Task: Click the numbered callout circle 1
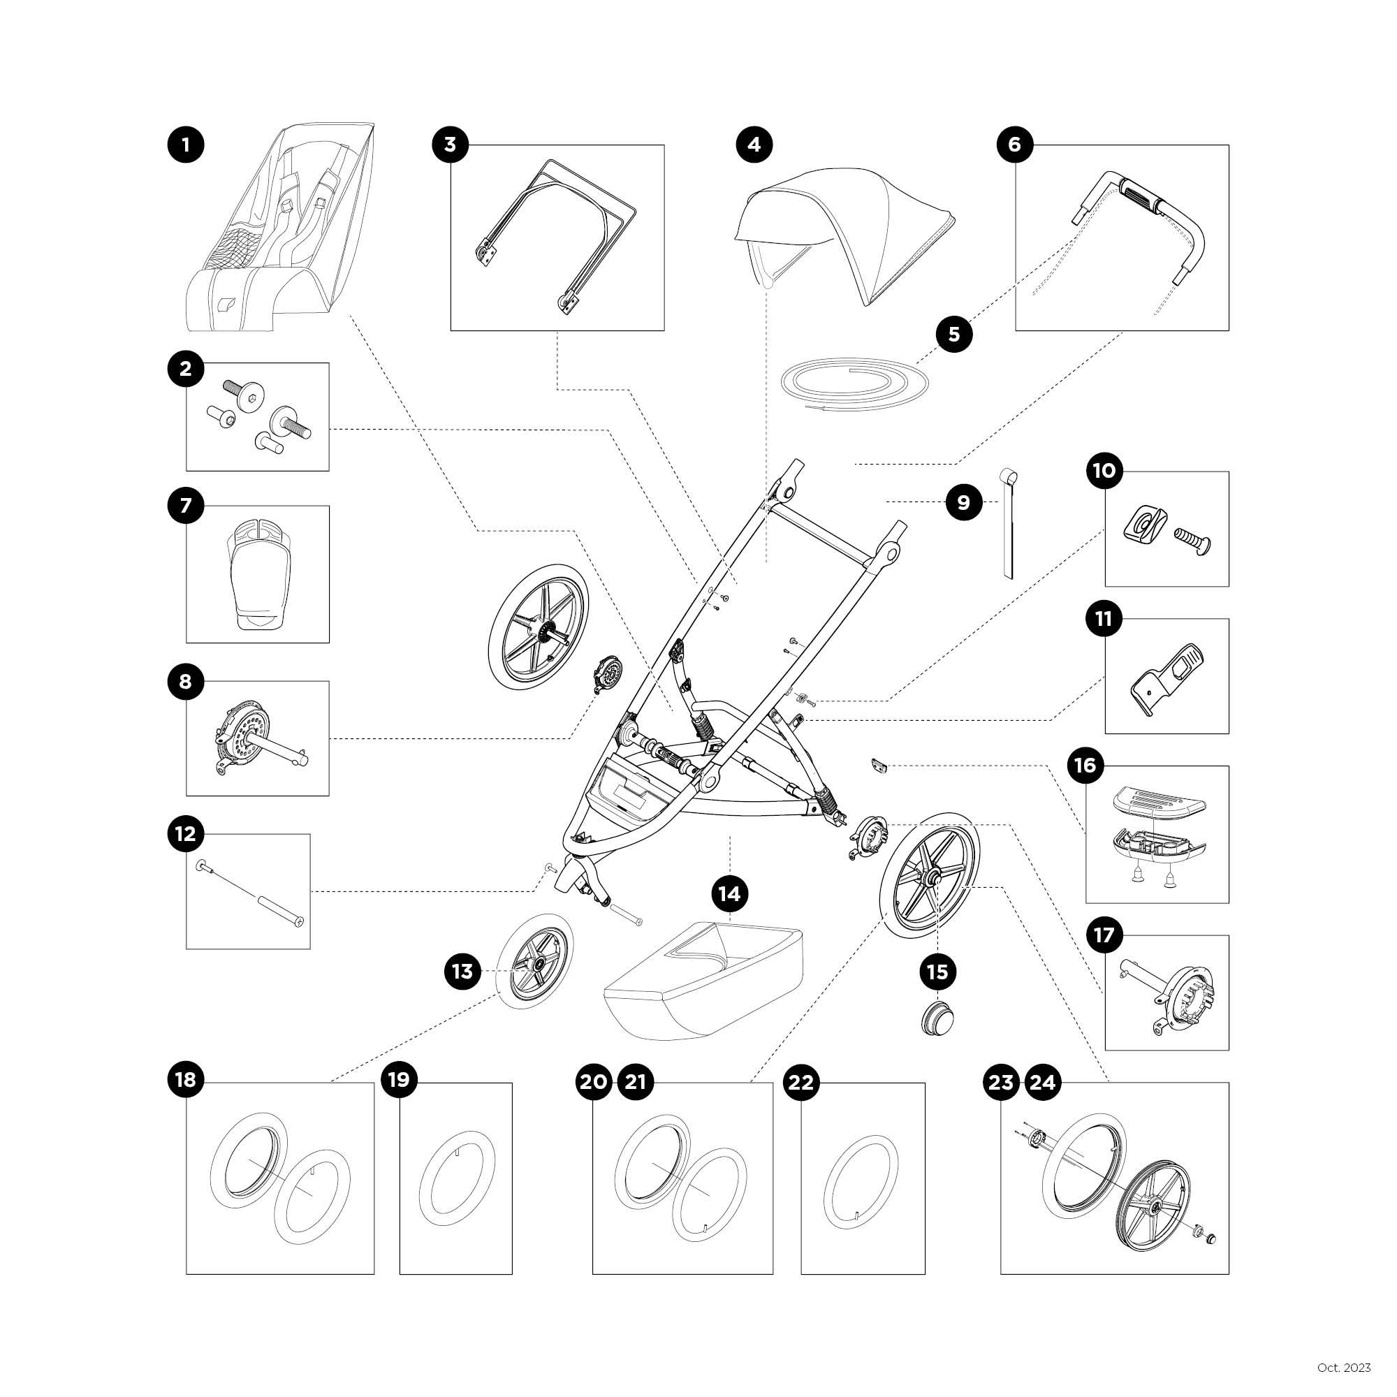(186, 145)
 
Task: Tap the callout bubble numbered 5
(953, 334)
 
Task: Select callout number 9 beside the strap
(963, 502)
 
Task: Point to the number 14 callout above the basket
(730, 894)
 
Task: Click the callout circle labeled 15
(937, 972)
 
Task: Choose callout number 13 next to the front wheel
(462, 972)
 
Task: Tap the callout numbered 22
(800, 1083)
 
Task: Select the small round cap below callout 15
(938, 1019)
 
